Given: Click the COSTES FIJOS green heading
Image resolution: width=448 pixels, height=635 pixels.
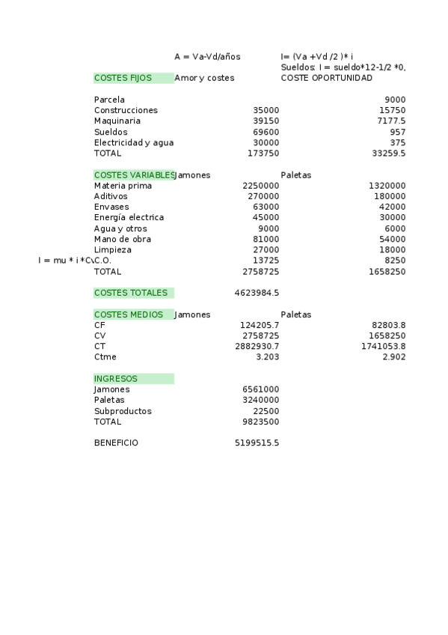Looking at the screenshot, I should point(123,78).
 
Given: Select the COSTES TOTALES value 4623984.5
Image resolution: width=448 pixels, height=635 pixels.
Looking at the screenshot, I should point(257,293).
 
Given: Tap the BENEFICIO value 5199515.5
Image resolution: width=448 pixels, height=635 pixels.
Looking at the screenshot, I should point(257,443).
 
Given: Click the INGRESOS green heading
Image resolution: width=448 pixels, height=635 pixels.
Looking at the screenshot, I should point(116,379).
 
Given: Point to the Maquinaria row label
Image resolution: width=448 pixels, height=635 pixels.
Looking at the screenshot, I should point(117,121).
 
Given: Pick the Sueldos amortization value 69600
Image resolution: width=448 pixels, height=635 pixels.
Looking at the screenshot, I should point(266,132).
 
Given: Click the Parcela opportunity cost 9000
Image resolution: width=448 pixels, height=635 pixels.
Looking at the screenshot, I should point(395,100).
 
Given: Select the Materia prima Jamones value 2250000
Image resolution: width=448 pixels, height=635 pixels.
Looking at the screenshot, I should point(260,186).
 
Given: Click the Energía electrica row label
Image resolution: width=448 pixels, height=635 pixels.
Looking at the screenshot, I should point(129,218).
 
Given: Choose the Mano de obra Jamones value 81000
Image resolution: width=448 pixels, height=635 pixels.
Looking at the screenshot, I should point(266,240).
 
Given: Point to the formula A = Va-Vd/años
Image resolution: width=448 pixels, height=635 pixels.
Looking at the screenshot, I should point(207,56).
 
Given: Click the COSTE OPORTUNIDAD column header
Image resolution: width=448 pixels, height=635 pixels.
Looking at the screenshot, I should point(326,78).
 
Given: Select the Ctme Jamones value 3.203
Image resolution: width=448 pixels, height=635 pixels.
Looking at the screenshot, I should point(267,357).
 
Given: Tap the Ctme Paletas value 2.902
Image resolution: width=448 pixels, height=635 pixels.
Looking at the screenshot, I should point(393,357).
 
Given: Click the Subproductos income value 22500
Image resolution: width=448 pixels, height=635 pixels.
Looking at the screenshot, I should point(266,411).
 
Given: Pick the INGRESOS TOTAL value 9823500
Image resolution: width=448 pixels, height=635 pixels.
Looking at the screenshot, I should point(260,422).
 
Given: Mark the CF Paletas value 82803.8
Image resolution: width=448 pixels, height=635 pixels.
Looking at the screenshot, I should point(388,325).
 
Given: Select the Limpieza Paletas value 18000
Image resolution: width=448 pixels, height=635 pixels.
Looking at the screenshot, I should point(392,250).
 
